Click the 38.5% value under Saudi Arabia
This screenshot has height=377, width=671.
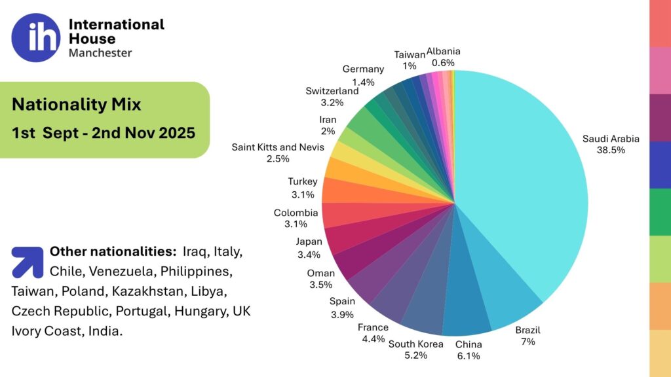point(611,150)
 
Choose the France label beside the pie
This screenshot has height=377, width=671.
point(373,327)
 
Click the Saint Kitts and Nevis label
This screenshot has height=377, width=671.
point(278,147)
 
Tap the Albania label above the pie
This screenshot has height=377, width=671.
point(444,51)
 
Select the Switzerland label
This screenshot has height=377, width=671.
point(332,91)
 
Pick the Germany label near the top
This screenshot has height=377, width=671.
point(363,69)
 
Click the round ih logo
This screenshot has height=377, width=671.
point(35,38)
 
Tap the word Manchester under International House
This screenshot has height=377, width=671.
point(100,53)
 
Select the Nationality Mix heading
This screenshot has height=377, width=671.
point(76,104)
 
